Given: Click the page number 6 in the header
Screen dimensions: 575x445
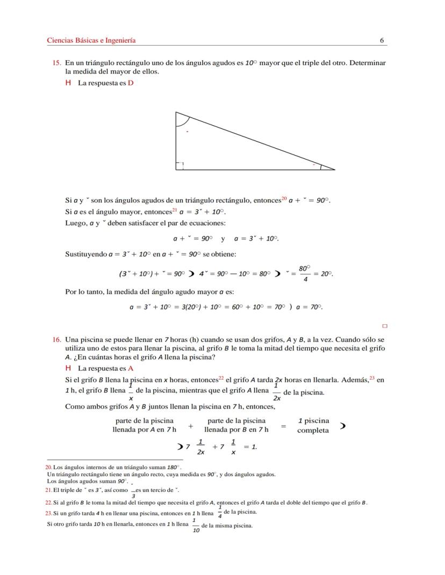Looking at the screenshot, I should [x=381, y=40].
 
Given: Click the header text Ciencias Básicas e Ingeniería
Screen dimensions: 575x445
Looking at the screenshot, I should [x=91, y=40].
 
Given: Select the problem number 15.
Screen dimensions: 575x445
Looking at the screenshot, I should [x=56, y=63].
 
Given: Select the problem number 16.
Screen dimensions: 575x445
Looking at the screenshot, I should [x=56, y=340].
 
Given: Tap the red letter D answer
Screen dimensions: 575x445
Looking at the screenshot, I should [x=131, y=83].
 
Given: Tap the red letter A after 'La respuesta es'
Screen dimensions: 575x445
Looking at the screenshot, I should [x=131, y=368].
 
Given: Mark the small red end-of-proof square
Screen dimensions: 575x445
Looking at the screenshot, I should [x=385, y=325].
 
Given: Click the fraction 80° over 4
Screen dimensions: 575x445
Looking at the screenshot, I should [x=305, y=273].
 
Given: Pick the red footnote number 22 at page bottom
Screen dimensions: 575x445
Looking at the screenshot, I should [x=48, y=503].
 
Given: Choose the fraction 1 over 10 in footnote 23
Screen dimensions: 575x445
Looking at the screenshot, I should [x=196, y=526].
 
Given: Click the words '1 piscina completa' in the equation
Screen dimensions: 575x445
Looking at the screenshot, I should [x=313, y=426].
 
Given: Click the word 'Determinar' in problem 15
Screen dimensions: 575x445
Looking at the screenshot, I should [x=368, y=63].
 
